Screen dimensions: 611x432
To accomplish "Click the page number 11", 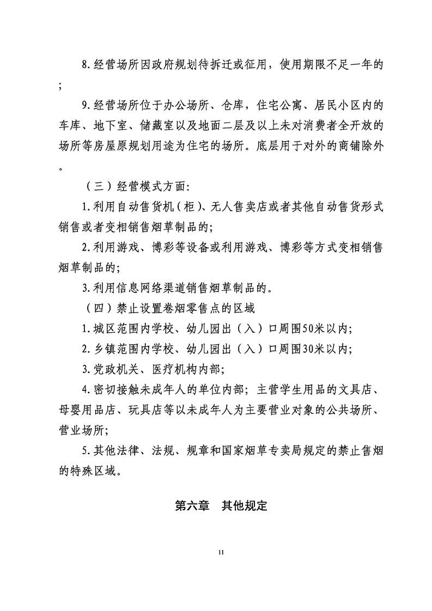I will (221, 553).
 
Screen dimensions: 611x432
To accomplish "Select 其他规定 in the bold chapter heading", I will (245, 505).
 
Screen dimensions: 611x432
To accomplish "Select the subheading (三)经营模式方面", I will (136, 187).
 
